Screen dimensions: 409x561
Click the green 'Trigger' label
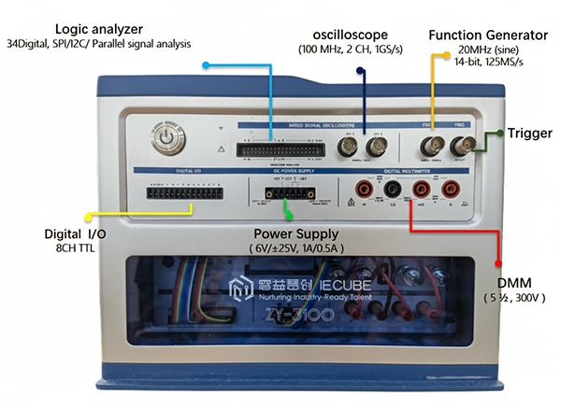(x=531, y=134)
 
